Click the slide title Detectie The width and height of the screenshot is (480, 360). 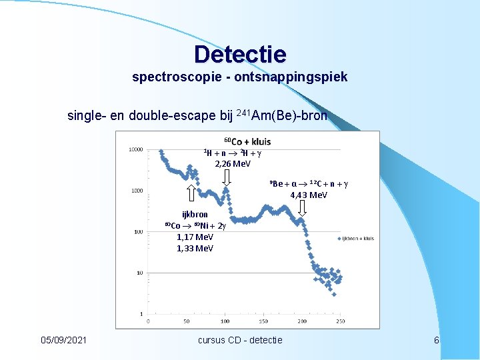[x=240, y=54]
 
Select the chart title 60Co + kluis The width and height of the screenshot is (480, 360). [x=247, y=141]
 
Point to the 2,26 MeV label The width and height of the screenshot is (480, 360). [x=233, y=163]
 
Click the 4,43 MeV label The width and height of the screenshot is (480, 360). [x=309, y=195]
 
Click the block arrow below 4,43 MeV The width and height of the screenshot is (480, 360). [x=303, y=209]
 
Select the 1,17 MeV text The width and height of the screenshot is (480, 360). [x=195, y=237]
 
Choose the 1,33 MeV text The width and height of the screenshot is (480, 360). [x=195, y=249]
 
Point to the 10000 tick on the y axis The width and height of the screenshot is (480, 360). [x=135, y=150]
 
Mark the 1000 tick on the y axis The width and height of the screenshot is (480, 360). [x=137, y=191]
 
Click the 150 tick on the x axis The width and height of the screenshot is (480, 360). [x=263, y=321]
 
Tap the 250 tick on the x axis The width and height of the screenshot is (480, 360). [x=341, y=321]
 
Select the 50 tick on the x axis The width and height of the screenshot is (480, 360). [x=187, y=321]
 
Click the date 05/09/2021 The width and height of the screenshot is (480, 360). [x=63, y=340]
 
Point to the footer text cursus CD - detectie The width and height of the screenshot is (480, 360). [x=240, y=340]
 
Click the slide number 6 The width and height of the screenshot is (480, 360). [x=436, y=340]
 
